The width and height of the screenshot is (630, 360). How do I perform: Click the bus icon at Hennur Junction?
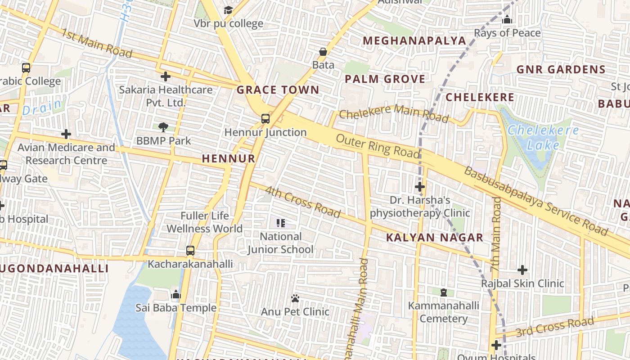pos(265,119)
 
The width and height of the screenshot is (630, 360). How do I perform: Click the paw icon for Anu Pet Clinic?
pos(295,298)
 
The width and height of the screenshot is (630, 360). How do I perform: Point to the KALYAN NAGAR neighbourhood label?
pos(435,238)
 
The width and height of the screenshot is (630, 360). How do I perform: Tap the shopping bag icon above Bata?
pos(323,52)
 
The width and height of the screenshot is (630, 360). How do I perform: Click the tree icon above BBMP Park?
pos(163,127)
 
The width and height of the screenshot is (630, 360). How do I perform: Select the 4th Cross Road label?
pos(302,202)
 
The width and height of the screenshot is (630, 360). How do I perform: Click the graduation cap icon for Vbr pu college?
pos(229,10)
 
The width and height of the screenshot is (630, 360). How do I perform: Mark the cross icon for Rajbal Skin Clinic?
pos(522,270)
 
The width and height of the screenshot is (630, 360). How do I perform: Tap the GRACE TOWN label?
pos(278,90)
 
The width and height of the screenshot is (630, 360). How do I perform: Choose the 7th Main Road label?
pos(496,234)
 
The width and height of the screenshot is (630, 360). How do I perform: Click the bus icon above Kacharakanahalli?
pos(190,251)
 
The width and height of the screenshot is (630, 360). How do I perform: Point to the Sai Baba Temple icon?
pos(176,295)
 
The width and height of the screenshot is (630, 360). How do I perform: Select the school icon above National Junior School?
pos(281,223)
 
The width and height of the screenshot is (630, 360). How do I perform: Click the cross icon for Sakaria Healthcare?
pos(166,76)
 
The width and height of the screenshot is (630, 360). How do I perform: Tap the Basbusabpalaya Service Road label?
pos(535,201)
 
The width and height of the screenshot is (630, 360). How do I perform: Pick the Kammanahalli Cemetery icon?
pos(444,292)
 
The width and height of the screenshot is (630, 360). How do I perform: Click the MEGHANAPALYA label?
pos(414,41)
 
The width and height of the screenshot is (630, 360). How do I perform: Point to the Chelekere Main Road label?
pos(394,113)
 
